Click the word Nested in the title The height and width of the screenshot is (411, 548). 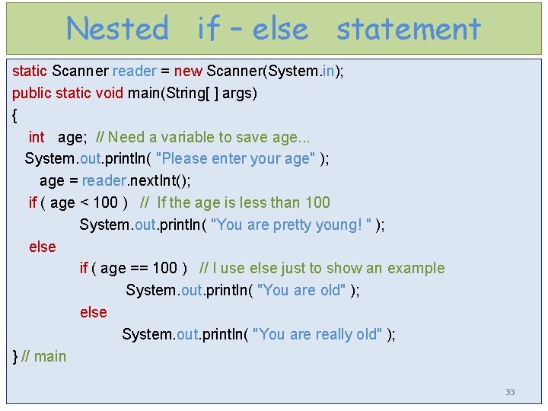[x=117, y=29]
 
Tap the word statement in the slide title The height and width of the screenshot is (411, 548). [x=409, y=29]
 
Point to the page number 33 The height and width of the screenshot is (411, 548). [x=510, y=392]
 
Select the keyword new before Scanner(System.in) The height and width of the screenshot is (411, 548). [x=188, y=72]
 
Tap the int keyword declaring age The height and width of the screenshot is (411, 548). [x=37, y=137]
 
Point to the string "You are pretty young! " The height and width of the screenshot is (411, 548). [x=291, y=225]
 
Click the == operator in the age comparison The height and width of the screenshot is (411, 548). [x=139, y=268]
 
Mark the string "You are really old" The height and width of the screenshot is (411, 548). [x=316, y=334]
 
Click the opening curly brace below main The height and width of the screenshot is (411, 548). [x=15, y=116]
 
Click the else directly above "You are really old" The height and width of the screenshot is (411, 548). [x=93, y=312]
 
